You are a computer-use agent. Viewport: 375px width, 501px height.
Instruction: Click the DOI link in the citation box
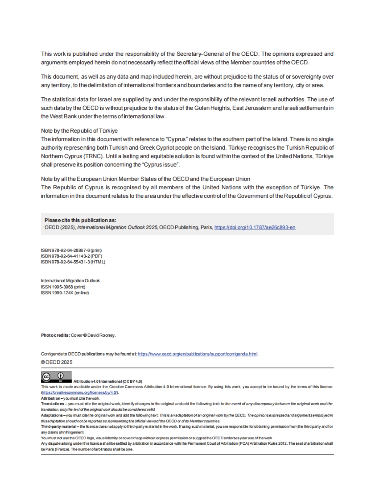(x=255, y=227)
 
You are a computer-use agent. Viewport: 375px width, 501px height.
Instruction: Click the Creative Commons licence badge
(x=56, y=377)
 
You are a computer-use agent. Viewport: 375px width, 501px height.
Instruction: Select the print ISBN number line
(x=71, y=250)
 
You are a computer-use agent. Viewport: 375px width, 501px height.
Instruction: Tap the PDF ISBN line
(x=72, y=256)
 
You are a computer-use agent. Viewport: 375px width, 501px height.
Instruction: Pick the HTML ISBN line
(x=73, y=262)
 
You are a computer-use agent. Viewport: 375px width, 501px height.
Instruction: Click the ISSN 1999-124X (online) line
(x=65, y=293)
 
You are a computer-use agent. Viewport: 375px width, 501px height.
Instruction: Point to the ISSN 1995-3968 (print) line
(x=63, y=287)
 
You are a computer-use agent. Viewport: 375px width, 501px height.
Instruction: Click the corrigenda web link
(x=197, y=354)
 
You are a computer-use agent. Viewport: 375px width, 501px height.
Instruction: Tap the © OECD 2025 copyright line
(x=57, y=362)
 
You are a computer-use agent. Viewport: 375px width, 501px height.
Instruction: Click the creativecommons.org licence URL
(x=79, y=392)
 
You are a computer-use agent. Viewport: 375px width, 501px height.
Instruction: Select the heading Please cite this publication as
(x=80, y=220)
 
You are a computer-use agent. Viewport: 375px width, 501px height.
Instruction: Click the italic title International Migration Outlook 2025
(x=117, y=227)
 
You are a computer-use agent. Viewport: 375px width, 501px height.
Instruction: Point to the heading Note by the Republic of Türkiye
(x=79, y=131)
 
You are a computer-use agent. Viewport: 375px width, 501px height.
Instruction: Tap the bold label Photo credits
(x=55, y=335)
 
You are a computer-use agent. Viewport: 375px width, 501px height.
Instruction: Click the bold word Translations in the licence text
(x=52, y=404)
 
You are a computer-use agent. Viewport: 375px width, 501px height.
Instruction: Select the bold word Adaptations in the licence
(x=52, y=415)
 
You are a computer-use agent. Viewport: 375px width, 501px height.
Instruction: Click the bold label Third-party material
(x=58, y=427)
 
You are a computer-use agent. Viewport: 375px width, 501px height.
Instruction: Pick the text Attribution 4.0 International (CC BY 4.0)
(x=107, y=381)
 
